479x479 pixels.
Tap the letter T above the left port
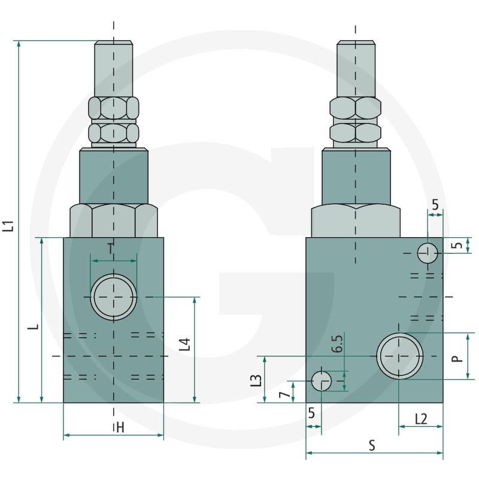pos(111,248)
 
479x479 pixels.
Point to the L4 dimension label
pos(184,344)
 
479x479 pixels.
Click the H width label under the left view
pos(120,428)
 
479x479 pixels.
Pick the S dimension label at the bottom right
pos(372,445)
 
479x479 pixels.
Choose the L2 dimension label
pos(421,419)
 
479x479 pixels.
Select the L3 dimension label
pos(256,381)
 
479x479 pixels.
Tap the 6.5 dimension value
pos(337,344)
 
